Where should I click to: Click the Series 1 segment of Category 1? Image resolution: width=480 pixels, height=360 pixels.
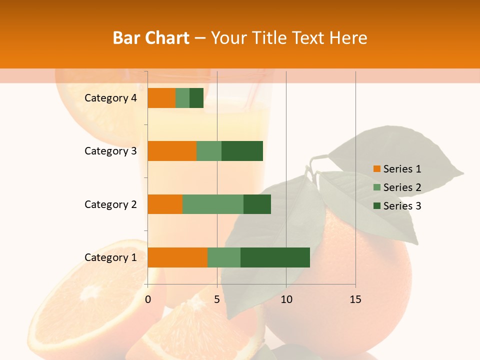click(x=177, y=257)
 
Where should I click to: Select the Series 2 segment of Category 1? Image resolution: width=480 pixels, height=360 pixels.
click(x=224, y=257)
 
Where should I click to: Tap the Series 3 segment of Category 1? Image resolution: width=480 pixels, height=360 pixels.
click(x=275, y=257)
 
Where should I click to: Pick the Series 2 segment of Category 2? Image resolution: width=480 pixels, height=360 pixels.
click(x=213, y=204)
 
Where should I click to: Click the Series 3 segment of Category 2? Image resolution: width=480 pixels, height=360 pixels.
click(x=257, y=204)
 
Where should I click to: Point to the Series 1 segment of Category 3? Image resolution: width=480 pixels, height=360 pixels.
click(x=172, y=151)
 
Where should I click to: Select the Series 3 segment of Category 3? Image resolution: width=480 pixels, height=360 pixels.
click(x=242, y=151)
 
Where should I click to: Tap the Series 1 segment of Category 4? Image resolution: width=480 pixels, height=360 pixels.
click(x=161, y=98)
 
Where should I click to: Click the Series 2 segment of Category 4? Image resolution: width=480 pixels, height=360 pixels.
click(x=182, y=98)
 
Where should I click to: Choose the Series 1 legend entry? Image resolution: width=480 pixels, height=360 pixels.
click(x=397, y=169)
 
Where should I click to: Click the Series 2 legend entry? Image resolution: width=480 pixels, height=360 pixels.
click(x=397, y=187)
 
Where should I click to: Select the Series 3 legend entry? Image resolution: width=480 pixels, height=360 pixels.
click(x=397, y=206)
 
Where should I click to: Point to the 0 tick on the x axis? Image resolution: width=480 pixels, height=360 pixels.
click(x=148, y=299)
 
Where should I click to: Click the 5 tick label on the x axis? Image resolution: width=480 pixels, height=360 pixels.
click(x=217, y=299)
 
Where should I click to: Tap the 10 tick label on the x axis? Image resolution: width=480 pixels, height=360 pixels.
click(x=286, y=299)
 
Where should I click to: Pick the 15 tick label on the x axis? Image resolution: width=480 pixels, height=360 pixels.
click(x=355, y=299)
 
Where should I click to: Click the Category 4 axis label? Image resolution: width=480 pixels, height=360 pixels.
click(x=110, y=98)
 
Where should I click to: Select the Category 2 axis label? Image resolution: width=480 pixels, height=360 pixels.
click(x=110, y=204)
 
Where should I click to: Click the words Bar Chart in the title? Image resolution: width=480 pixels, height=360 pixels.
click(x=151, y=38)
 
